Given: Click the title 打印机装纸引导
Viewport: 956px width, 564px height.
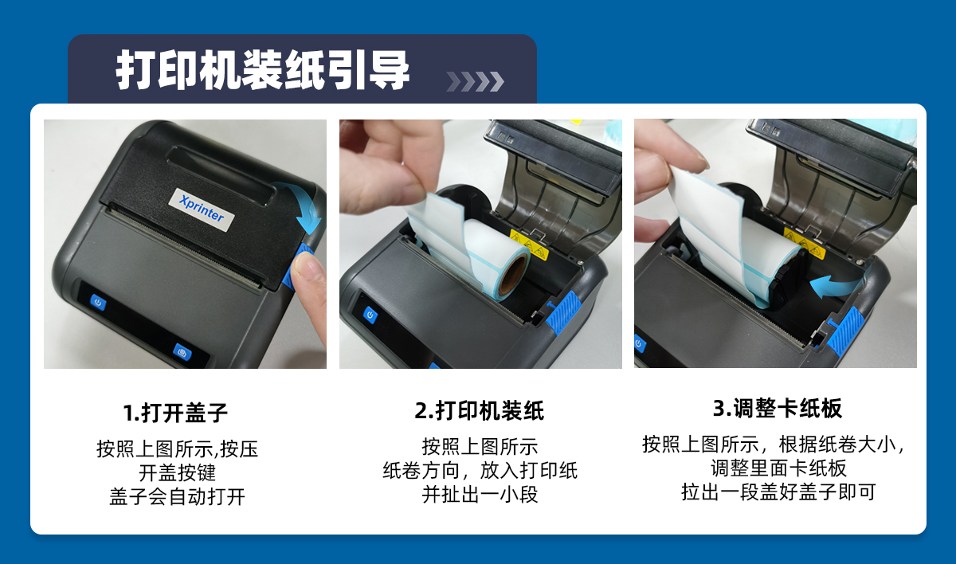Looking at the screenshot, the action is (262, 70).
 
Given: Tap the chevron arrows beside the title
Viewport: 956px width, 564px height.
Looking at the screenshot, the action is (475, 81).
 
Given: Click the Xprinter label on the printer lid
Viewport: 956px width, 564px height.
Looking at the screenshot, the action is (201, 209).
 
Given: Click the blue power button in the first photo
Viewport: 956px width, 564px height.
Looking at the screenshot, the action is (98, 303).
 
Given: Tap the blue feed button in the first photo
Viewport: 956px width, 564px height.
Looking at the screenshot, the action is (182, 353).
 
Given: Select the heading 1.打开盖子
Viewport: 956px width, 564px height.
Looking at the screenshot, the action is (175, 413).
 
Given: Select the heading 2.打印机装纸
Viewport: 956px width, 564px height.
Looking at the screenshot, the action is (480, 410).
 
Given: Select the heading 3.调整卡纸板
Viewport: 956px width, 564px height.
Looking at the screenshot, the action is (778, 408).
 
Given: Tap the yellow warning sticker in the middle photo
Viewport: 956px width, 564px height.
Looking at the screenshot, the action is (529, 245).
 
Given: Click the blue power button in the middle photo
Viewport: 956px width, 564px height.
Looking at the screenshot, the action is (370, 315).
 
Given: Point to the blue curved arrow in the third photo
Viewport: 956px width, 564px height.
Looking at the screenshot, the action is (834, 285).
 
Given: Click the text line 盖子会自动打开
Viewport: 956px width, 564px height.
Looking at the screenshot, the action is (177, 496).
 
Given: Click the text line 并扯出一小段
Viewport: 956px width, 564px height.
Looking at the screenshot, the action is (480, 495).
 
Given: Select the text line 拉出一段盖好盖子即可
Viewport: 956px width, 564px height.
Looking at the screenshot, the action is (778, 492).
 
